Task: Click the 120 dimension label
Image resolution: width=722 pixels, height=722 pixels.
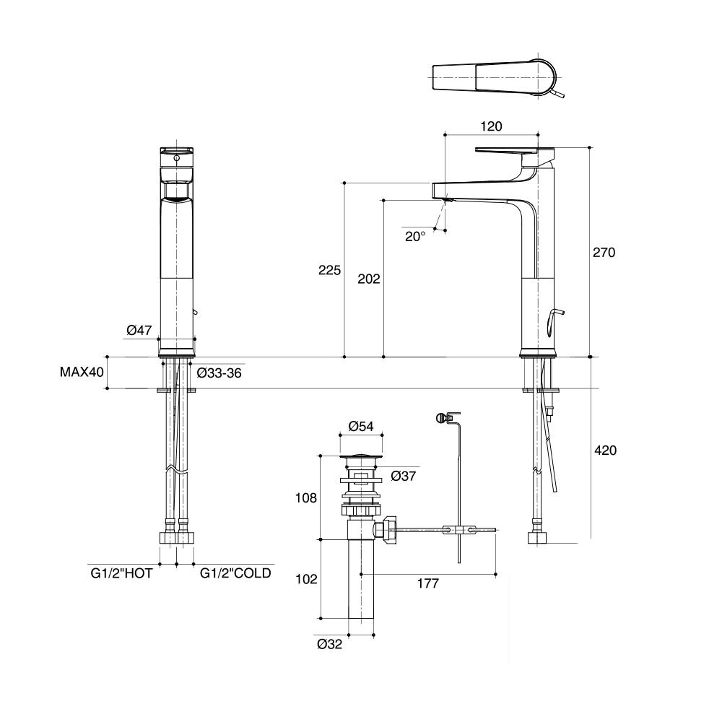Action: click(x=491, y=126)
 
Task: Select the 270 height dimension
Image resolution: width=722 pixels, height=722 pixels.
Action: click(x=604, y=253)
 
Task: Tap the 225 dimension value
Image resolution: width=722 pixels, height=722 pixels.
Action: click(x=329, y=271)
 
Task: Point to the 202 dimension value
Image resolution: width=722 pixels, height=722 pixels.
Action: click(x=369, y=279)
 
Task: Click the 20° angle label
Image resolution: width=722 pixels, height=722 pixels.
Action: click(x=415, y=236)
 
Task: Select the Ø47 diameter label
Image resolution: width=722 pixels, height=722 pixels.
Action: click(x=139, y=330)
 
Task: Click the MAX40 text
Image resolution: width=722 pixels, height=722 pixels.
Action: click(x=82, y=373)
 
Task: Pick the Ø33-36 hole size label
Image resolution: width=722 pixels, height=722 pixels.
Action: click(x=219, y=373)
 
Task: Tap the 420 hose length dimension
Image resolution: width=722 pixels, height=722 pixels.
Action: click(x=604, y=451)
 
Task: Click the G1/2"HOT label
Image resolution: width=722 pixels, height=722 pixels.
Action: click(x=121, y=573)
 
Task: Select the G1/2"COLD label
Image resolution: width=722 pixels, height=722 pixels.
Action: click(x=235, y=573)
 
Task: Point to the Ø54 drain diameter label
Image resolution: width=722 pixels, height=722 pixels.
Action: click(x=360, y=427)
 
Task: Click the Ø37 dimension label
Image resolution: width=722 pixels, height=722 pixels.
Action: click(x=403, y=476)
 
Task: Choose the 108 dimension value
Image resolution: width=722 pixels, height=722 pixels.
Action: click(x=307, y=498)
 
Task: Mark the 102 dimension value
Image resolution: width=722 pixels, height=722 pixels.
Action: click(x=307, y=579)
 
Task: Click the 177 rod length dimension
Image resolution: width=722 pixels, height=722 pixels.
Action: click(x=427, y=584)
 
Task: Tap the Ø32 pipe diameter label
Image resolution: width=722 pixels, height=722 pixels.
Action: click(x=329, y=645)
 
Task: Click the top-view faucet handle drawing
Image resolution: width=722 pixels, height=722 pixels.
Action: click(x=497, y=77)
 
